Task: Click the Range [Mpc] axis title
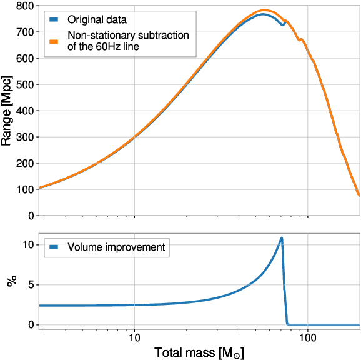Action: (7, 111)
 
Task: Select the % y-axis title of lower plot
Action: (11, 282)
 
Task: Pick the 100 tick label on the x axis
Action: (308, 337)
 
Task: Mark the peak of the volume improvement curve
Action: (282, 238)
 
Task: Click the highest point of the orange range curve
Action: (265, 10)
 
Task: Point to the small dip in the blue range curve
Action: (282, 25)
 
